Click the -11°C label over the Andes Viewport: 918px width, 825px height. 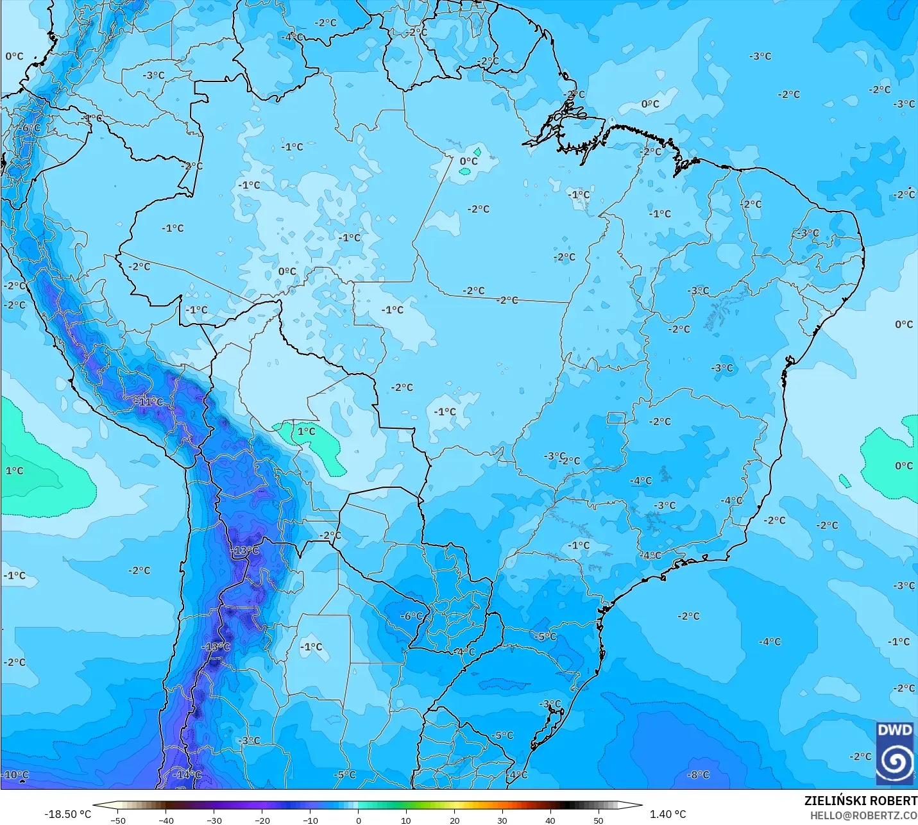(148, 402)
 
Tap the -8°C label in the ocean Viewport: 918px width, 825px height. (698, 774)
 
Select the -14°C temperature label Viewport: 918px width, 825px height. (187, 774)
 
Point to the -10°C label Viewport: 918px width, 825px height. (15, 774)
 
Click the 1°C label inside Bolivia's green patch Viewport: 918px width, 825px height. (306, 431)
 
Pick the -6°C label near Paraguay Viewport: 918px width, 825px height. (411, 616)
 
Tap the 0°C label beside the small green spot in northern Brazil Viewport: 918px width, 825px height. (469, 161)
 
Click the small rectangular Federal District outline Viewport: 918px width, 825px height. (616, 418)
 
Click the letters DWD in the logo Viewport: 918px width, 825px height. (894, 731)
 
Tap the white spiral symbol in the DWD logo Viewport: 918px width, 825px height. (894, 762)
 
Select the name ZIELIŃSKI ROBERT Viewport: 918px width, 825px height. (860, 801)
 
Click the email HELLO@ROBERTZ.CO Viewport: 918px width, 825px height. (863, 815)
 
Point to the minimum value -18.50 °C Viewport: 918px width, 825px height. (67, 814)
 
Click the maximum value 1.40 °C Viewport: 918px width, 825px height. (668, 814)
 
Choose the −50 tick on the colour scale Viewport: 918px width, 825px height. (117, 820)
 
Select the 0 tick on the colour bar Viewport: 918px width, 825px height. (358, 820)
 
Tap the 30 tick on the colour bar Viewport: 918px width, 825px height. (502, 820)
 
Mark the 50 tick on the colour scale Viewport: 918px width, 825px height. (598, 820)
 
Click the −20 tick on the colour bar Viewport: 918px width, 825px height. (262, 820)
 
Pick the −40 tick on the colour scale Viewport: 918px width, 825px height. (166, 820)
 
